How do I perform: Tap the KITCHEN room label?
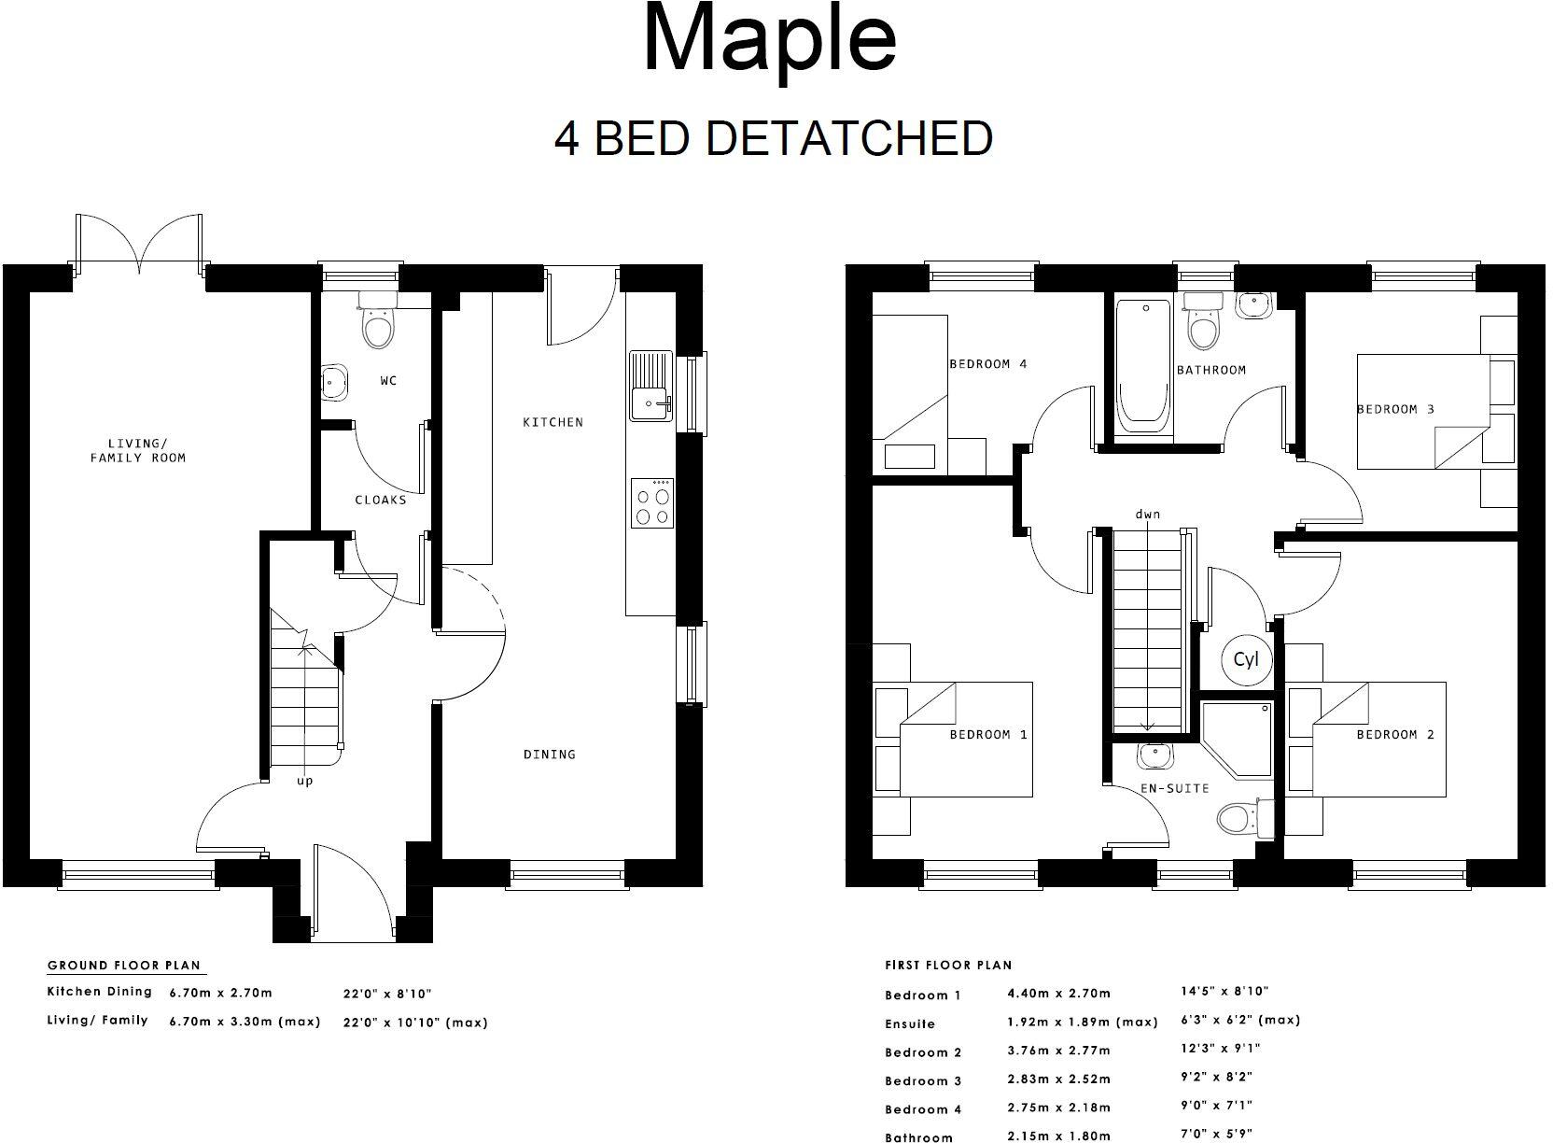553,422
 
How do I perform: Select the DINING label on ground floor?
549,754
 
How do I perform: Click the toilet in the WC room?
378,323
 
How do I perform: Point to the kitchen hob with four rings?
652,503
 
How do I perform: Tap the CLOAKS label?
381,500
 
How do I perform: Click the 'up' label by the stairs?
305,781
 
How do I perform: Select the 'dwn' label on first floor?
1148,514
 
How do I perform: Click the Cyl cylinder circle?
1246,659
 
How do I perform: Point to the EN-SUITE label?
1174,788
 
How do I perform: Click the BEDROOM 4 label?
987,363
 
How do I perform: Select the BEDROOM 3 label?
1395,409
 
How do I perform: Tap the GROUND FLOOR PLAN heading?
124,966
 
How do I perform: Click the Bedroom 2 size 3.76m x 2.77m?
1058,1051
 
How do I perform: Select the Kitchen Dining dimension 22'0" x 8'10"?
387,994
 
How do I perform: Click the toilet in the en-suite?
1239,819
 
